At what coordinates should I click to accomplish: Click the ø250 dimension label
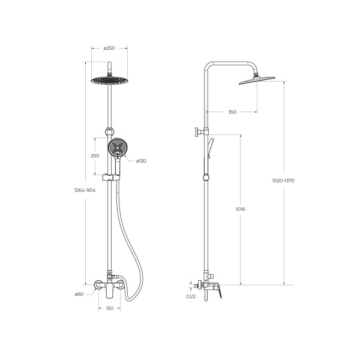click(109, 48)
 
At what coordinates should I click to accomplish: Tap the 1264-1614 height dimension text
click(85, 190)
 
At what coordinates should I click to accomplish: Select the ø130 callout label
click(141, 161)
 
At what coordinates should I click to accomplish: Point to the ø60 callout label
click(79, 294)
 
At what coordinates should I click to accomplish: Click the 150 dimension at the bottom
click(110, 308)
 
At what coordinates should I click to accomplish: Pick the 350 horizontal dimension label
click(232, 112)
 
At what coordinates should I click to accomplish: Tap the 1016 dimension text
click(241, 209)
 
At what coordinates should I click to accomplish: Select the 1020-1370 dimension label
click(283, 181)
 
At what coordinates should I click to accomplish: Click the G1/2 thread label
click(191, 296)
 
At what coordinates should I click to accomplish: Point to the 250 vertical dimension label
click(95, 156)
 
